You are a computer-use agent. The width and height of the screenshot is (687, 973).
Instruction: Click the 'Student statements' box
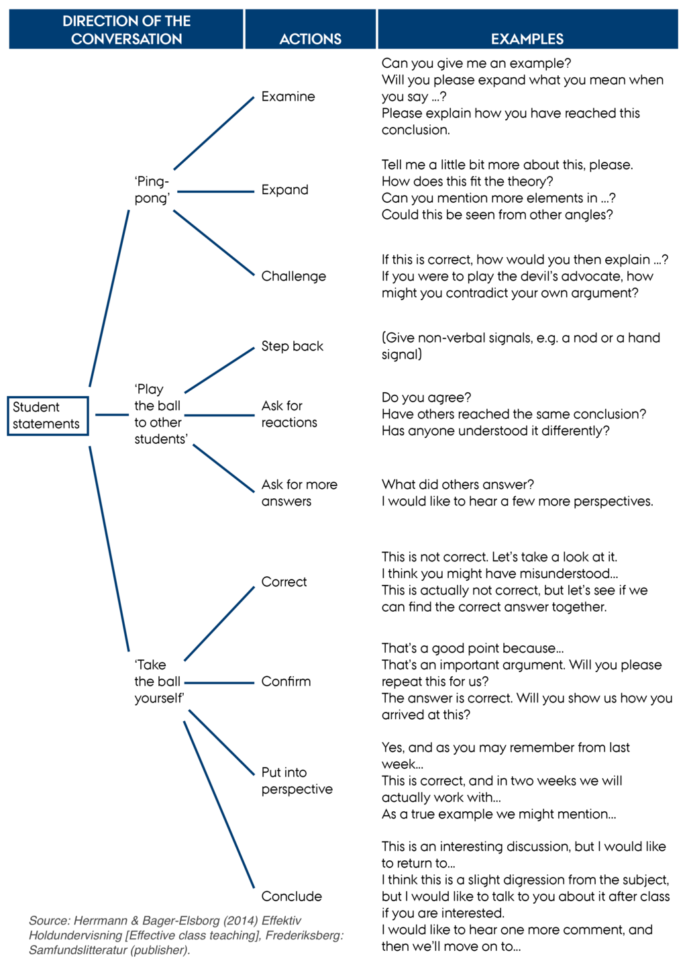(x=48, y=416)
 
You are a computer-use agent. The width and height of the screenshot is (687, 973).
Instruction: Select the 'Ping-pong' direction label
(x=152, y=190)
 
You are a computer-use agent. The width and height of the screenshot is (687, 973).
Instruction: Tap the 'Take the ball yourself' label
(x=159, y=681)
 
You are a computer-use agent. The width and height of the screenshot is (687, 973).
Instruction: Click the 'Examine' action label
(x=288, y=97)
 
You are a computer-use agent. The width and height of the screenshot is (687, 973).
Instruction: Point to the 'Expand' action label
(x=284, y=190)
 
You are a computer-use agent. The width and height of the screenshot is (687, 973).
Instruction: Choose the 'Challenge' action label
(x=293, y=276)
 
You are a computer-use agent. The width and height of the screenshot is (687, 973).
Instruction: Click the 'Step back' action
(x=292, y=346)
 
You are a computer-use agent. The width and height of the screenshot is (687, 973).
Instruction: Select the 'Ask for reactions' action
(x=289, y=414)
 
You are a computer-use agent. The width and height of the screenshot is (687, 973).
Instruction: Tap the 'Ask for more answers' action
(x=299, y=493)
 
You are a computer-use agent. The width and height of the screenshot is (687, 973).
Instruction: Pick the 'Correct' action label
(x=284, y=582)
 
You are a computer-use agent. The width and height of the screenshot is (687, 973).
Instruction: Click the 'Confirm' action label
(x=286, y=681)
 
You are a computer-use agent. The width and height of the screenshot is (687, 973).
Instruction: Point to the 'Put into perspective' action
(x=297, y=780)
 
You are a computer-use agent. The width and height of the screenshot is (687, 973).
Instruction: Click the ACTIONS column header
(x=311, y=39)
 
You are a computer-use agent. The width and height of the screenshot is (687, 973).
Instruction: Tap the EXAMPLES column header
(x=527, y=39)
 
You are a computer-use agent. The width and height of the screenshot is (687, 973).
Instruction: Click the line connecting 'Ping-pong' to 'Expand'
(x=215, y=191)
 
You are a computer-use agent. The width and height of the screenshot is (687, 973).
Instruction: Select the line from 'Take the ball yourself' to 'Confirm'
(x=219, y=683)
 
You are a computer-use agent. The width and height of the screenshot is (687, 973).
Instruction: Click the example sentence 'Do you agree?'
(x=426, y=398)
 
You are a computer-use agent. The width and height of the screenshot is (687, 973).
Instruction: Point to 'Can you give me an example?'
(x=476, y=63)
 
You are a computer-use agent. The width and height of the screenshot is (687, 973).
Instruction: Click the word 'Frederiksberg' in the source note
(x=304, y=935)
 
